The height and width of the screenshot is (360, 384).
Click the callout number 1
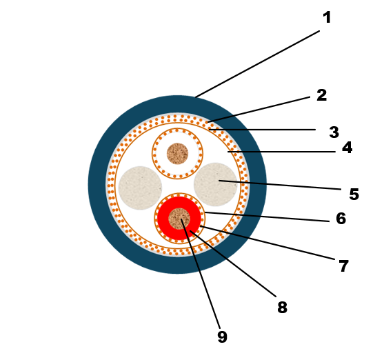pos(327,17)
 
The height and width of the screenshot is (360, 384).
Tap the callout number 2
pos(321,95)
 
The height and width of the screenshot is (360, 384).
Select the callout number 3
pos(334,132)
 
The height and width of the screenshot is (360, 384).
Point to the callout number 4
pos(347,148)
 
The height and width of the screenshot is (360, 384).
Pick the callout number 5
pos(354,194)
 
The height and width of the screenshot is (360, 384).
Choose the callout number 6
pos(341,219)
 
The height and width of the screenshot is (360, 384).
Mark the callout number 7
pos(343,266)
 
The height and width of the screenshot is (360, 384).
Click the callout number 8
pos(282,308)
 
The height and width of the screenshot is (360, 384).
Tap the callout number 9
pos(223,337)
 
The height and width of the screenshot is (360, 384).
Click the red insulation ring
pos(163,218)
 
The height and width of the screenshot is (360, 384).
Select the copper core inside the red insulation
pos(179,219)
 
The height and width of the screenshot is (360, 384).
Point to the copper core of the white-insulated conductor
pos(178,154)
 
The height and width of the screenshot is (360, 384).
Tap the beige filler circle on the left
pos(140,188)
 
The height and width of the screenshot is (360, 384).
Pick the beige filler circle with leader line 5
pos(215,184)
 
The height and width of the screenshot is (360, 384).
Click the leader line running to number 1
pos(257,64)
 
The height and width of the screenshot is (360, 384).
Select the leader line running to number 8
pos(233,263)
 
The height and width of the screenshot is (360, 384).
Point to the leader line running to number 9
pos(201,274)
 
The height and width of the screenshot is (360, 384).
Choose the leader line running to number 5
pos(280,185)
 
